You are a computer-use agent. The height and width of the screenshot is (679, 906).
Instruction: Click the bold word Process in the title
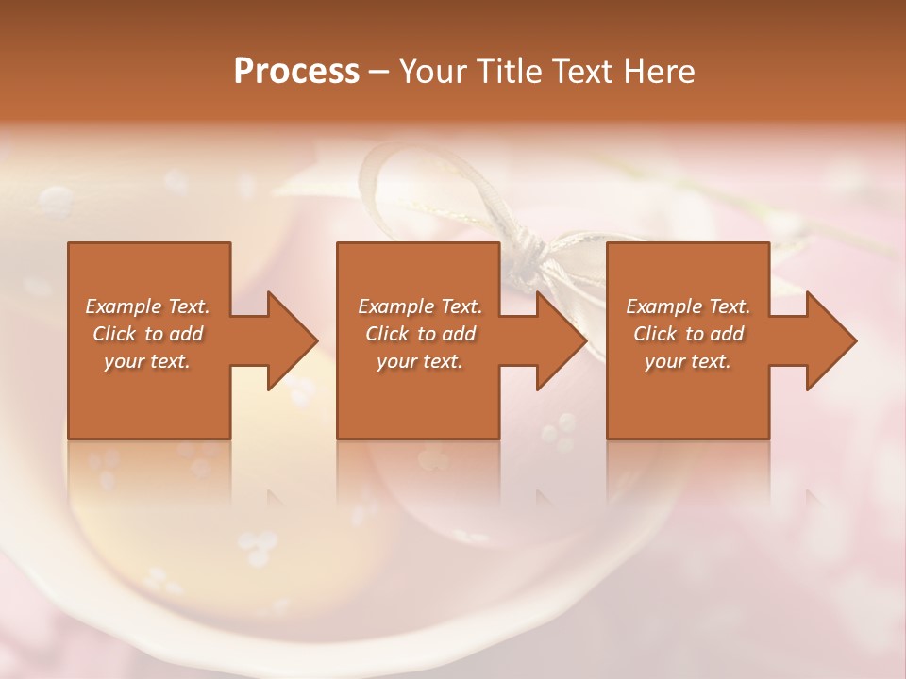click(x=296, y=72)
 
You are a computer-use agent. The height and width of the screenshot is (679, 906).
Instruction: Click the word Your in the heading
click(x=429, y=72)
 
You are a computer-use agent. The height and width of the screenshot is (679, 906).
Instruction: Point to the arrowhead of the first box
click(x=291, y=340)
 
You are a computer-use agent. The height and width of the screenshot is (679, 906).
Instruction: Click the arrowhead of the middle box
click(x=561, y=340)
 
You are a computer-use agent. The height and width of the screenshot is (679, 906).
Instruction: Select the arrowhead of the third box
click(x=830, y=340)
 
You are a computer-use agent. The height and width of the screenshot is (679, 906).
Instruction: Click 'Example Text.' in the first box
click(x=147, y=306)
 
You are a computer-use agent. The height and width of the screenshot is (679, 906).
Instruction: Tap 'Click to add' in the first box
click(x=147, y=334)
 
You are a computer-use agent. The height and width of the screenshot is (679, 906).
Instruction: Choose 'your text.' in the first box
click(x=147, y=361)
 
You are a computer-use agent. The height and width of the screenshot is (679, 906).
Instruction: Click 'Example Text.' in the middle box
click(x=420, y=306)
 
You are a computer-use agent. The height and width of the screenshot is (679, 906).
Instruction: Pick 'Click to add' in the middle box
click(x=420, y=334)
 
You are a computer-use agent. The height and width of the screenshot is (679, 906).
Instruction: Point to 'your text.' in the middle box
click(x=420, y=361)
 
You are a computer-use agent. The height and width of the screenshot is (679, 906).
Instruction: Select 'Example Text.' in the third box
click(x=688, y=306)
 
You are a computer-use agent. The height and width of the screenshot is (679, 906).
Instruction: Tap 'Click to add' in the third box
click(x=688, y=334)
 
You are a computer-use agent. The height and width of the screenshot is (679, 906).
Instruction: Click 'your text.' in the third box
click(x=688, y=361)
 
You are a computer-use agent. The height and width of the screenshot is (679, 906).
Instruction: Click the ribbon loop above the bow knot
click(x=396, y=174)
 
